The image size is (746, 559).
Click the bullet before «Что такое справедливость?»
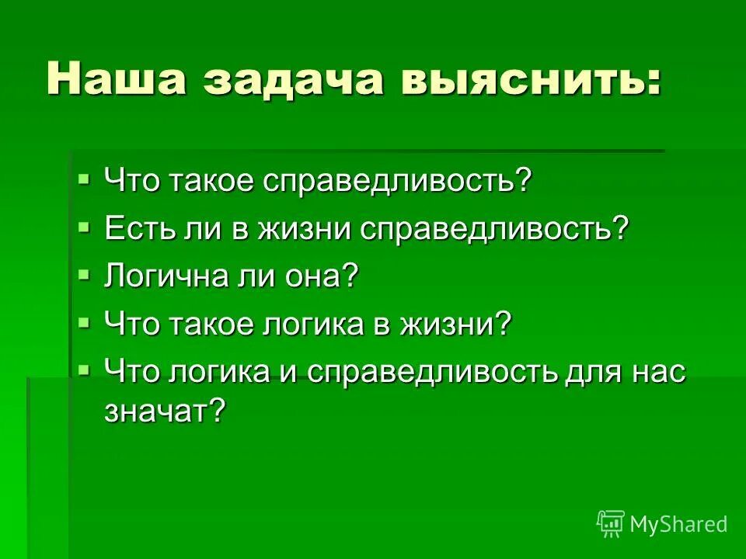85,180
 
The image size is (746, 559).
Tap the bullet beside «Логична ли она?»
85,273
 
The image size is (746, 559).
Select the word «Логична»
159,276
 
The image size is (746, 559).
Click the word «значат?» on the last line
164,412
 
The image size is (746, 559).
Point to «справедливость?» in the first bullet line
397,182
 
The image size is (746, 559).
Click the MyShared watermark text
678,524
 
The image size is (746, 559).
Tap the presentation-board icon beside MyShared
611,523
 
